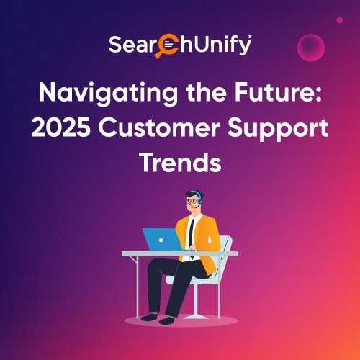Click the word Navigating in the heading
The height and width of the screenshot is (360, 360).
(x=108, y=94)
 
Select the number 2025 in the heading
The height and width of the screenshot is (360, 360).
(x=61, y=127)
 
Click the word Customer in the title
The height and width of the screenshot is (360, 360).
(x=159, y=127)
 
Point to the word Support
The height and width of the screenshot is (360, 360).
(x=278, y=130)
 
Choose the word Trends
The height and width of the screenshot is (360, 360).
(x=180, y=163)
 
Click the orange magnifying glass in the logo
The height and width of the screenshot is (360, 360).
(x=166, y=46)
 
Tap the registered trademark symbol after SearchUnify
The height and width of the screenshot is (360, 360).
(x=250, y=36)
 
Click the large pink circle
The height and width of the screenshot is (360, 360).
(x=311, y=48)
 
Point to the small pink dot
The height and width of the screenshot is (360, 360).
(x=339, y=20)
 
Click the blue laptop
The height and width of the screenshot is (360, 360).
(x=162, y=240)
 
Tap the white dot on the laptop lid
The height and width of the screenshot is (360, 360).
(x=161, y=240)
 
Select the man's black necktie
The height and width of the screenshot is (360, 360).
(x=192, y=236)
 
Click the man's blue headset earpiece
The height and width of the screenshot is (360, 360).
(x=200, y=201)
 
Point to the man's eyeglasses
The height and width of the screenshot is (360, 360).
(x=192, y=201)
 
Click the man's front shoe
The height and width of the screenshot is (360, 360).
(x=166, y=320)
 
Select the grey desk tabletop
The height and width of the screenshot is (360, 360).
(x=180, y=253)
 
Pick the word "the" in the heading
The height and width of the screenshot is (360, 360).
(x=206, y=92)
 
